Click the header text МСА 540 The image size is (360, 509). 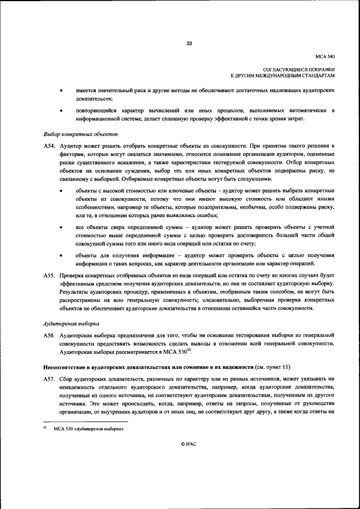[325, 56]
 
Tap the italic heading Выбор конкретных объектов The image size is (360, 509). [80, 135]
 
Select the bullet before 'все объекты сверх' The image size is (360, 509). [61, 227]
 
